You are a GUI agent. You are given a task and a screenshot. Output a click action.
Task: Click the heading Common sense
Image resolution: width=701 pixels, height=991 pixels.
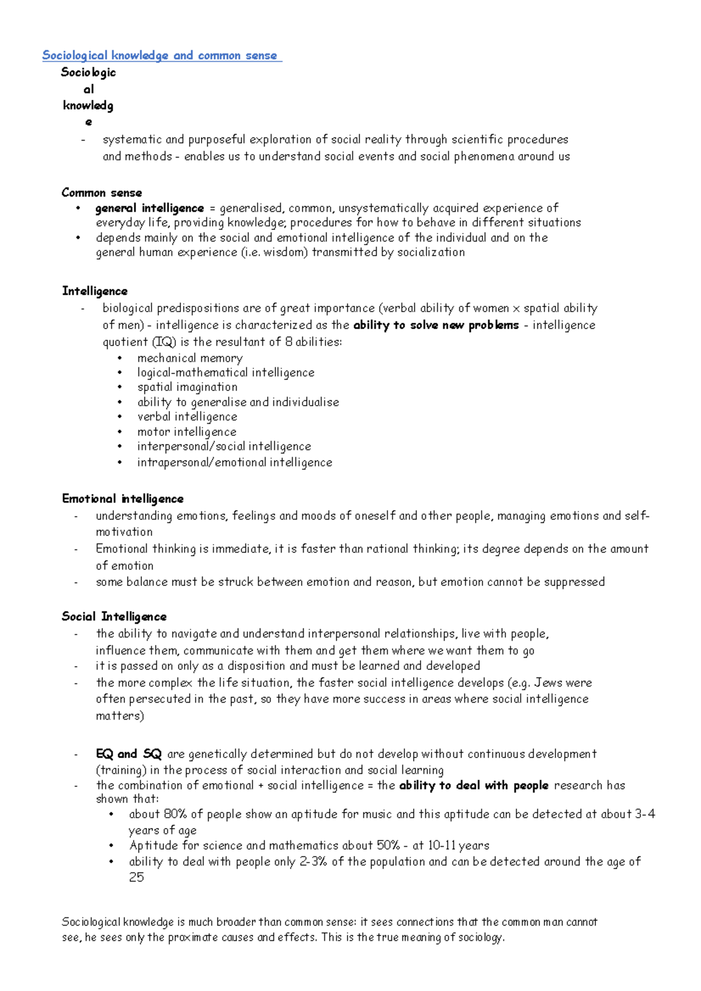102,193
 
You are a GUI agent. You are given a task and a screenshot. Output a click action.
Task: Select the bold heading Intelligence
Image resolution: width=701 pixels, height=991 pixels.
95,291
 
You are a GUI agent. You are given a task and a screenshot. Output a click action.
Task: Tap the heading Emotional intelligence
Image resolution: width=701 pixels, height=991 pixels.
123,498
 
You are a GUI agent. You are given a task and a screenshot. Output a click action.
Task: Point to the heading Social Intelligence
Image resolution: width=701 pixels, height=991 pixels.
114,616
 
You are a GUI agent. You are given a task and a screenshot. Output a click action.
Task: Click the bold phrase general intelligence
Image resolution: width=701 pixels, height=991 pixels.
150,208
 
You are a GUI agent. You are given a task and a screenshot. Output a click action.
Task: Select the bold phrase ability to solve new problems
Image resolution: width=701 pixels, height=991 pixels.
436,324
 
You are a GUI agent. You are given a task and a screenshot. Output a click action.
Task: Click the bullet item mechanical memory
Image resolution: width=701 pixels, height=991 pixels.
190,358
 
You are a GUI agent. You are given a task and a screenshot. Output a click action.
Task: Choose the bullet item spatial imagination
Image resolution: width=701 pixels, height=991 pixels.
187,387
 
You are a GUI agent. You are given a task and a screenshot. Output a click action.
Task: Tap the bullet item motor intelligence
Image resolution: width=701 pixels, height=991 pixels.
186,432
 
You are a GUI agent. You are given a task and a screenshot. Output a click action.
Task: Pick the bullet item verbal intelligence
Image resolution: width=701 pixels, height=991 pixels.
187,417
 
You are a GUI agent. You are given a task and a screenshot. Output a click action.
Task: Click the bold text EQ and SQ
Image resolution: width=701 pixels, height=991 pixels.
129,753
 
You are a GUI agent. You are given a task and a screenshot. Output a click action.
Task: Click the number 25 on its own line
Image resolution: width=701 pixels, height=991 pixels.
136,877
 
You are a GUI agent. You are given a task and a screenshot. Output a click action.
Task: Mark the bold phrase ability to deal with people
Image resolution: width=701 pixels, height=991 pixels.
474,785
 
